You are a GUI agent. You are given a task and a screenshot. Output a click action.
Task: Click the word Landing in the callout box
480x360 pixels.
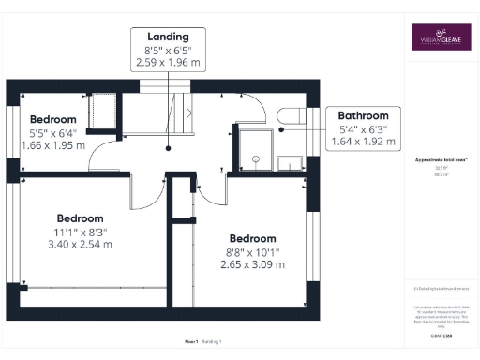coord(168,37)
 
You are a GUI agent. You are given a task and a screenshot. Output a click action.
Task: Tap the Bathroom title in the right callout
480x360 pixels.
coord(363,115)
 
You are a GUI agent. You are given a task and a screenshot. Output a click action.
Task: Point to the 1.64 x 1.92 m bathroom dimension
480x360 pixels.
coord(363,142)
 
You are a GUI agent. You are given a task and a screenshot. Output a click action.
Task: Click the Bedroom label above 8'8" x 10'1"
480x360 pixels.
coord(252,238)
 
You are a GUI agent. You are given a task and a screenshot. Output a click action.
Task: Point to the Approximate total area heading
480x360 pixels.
coord(440,160)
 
